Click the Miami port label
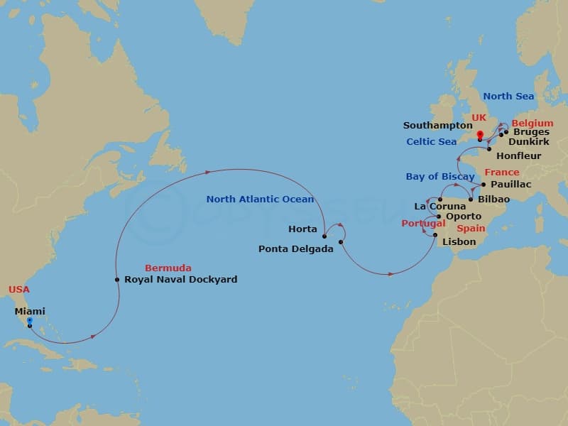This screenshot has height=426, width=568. pyautogui.click(x=30, y=311)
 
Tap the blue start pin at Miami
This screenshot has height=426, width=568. pyautogui.click(x=29, y=321)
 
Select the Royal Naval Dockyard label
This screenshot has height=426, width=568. pyautogui.click(x=180, y=280)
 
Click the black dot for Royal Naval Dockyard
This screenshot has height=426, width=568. pyautogui.click(x=117, y=280)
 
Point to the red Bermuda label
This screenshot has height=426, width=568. pyautogui.click(x=168, y=268)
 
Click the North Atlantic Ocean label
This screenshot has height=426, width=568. pyautogui.click(x=260, y=200)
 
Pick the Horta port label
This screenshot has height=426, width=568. pyautogui.click(x=302, y=229)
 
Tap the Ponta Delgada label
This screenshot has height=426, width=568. pyautogui.click(x=295, y=249)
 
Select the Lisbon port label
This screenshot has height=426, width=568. pyautogui.click(x=459, y=242)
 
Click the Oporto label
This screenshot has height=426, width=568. pyautogui.click(x=464, y=217)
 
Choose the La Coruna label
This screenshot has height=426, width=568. pyautogui.click(x=440, y=207)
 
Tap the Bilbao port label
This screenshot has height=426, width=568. pyautogui.click(x=494, y=200)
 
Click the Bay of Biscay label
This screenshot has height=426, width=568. pyautogui.click(x=440, y=177)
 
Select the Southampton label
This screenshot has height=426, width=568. pyautogui.click(x=438, y=126)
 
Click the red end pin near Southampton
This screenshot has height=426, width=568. pyautogui.click(x=480, y=135)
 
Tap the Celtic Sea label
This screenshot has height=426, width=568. pyautogui.click(x=432, y=142)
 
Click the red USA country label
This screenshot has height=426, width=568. pyautogui.click(x=19, y=290)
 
